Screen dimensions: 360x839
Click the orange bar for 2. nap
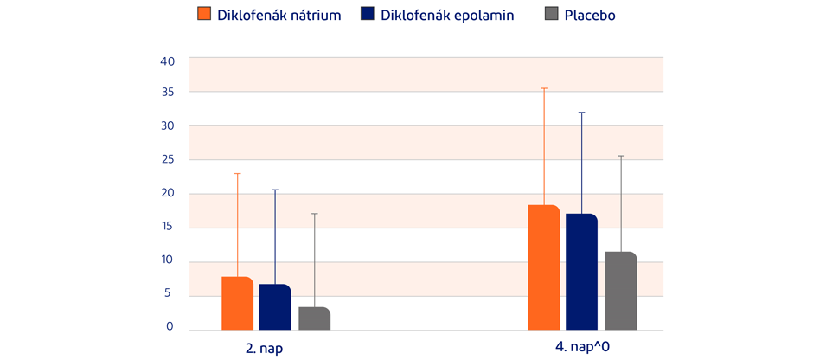coord(237,304)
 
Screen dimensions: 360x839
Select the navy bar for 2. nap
coord(275,307)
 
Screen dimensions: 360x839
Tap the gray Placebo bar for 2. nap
coord(314,318)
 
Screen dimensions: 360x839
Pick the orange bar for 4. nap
coord(544,267)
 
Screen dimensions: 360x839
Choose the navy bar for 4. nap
coord(582,272)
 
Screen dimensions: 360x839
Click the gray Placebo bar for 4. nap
coord(621,291)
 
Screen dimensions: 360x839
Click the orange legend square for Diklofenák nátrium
coord(205,15)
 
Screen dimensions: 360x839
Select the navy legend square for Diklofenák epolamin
coord(367,15)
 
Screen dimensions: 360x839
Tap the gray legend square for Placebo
coord(551,15)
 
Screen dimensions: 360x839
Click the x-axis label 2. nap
coord(265,350)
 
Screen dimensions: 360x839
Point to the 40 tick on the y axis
coord(168,61)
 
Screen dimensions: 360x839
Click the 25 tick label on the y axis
coord(168,160)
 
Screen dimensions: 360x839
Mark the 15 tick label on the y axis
coord(168,227)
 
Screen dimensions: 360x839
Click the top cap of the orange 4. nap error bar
coord(544,88)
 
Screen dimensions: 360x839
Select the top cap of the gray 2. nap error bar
coord(314,214)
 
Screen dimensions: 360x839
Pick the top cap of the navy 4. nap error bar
coord(582,112)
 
